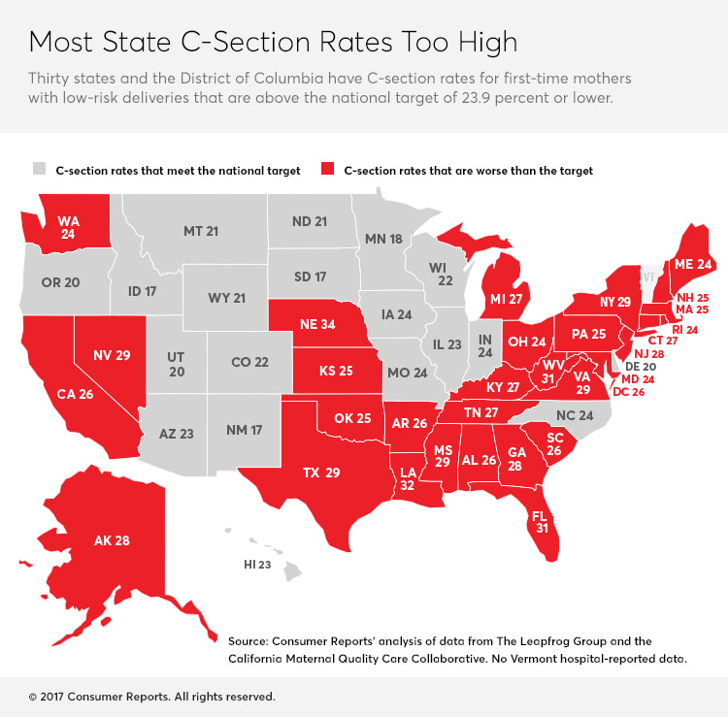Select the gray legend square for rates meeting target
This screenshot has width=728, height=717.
(x=38, y=170)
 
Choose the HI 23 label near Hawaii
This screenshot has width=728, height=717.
(x=258, y=564)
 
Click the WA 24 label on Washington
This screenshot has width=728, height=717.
(x=68, y=226)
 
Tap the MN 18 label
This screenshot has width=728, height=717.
(x=383, y=239)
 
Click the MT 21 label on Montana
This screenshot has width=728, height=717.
(x=201, y=231)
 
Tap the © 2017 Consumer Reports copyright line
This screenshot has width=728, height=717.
(x=150, y=697)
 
